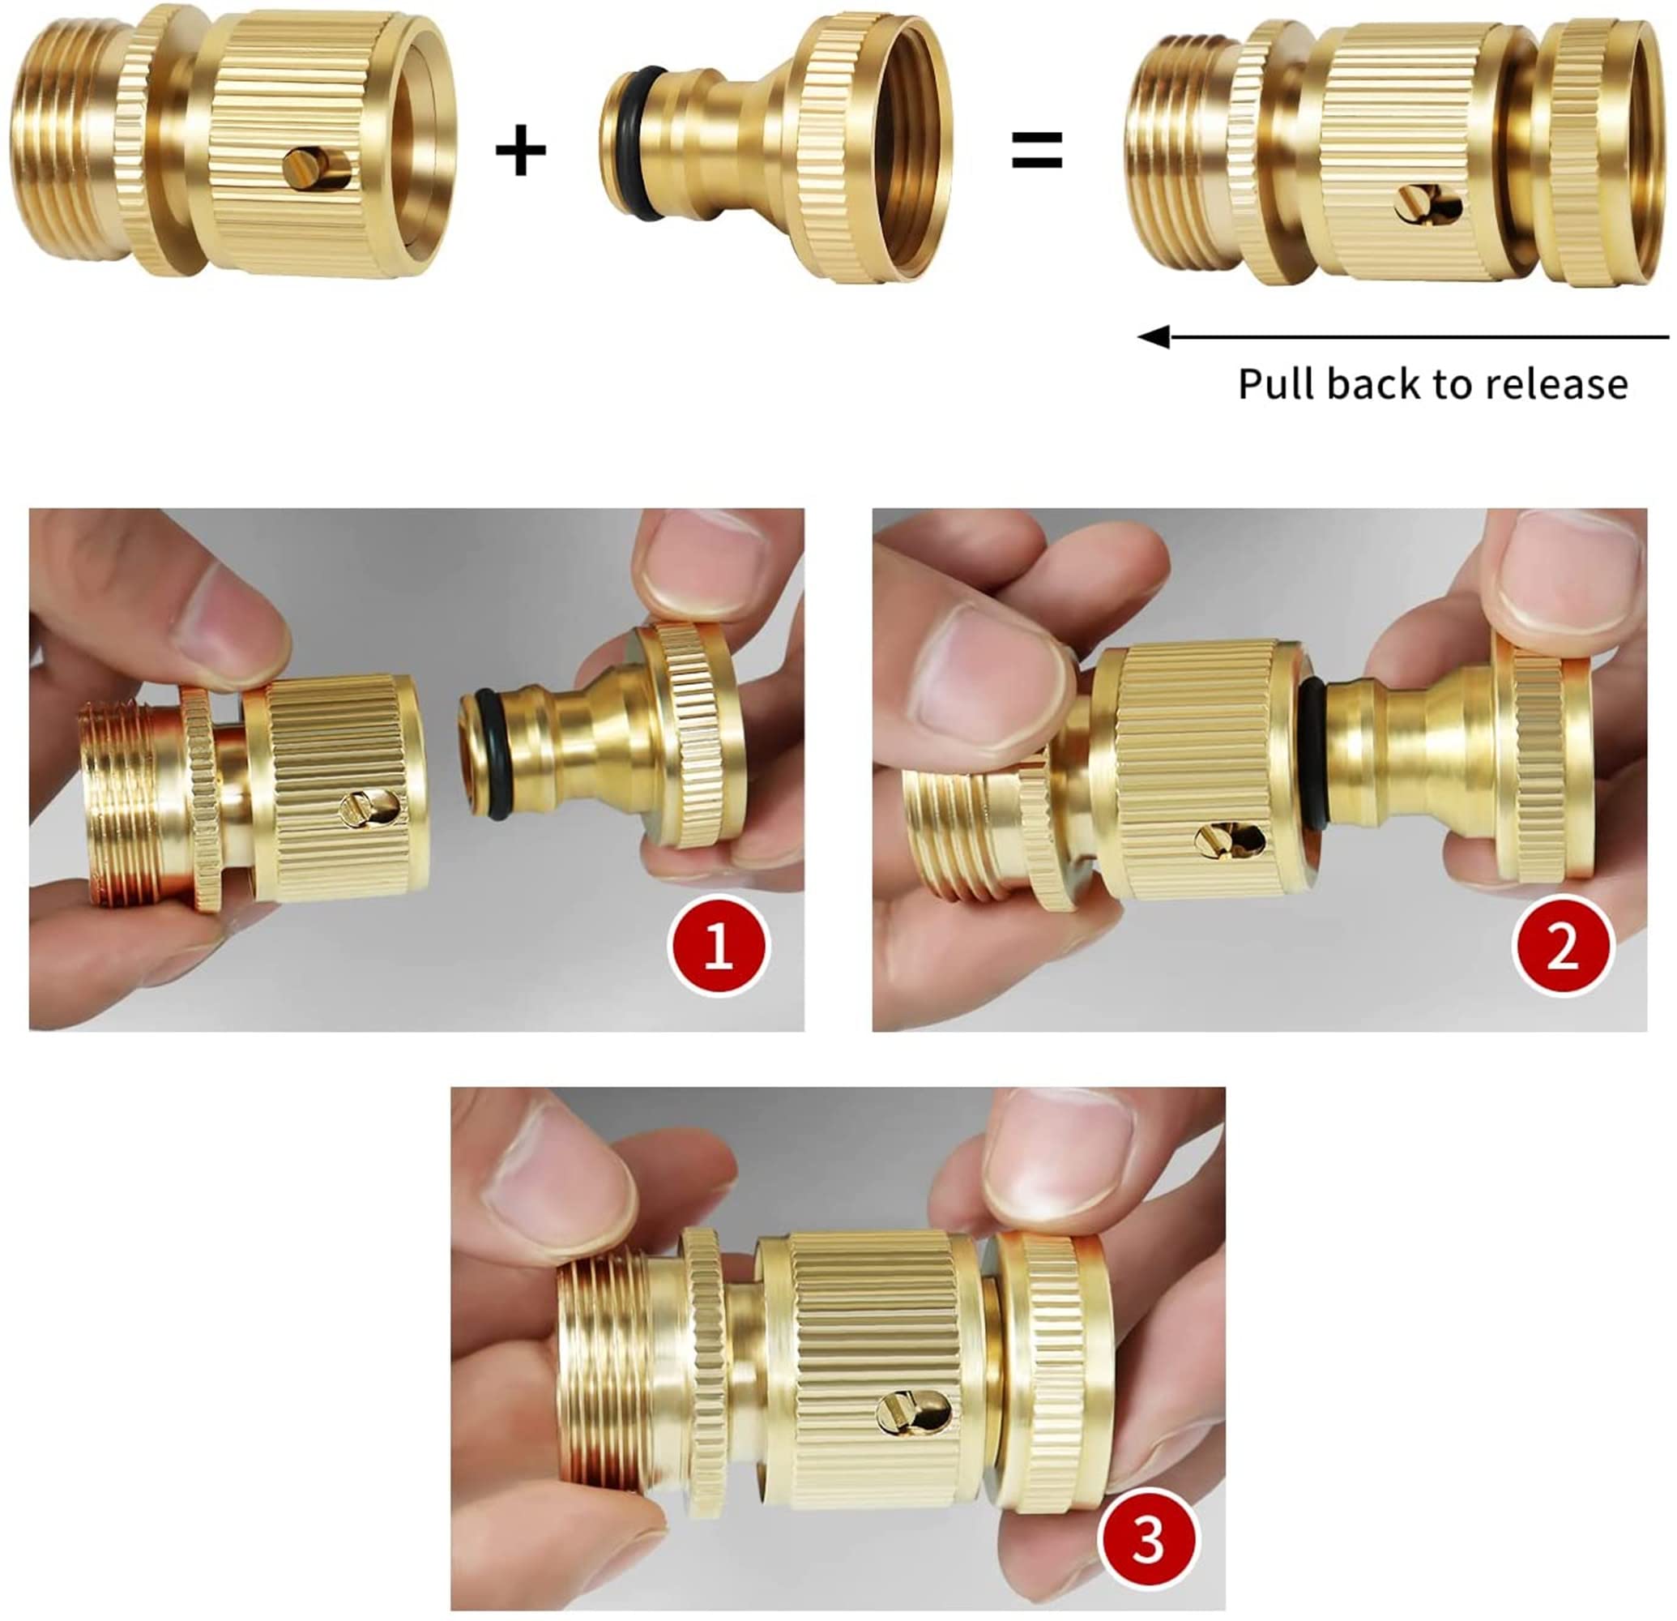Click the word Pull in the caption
pyautogui.click(x=1274, y=384)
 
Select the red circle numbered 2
pyautogui.click(x=1562, y=946)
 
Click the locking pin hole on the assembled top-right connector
pyautogui.click(x=1427, y=205)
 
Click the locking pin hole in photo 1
pyautogui.click(x=370, y=807)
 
